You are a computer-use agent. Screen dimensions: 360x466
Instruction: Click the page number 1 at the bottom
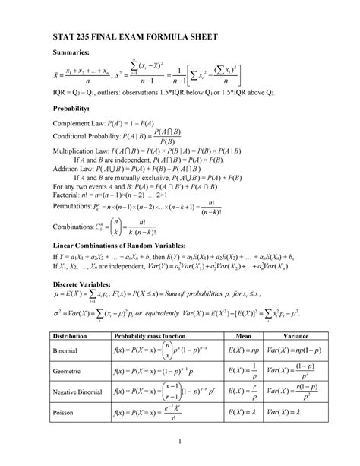tap(180, 446)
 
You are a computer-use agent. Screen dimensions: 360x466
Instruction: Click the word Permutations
tap(73, 205)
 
